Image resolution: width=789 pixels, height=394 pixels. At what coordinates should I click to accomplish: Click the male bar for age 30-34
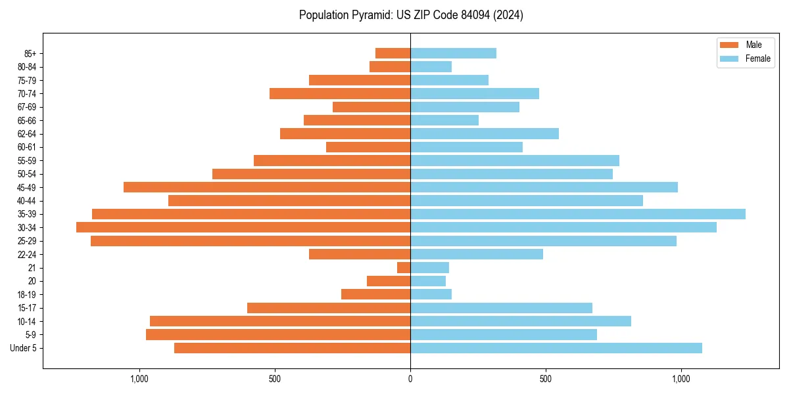[x=243, y=227]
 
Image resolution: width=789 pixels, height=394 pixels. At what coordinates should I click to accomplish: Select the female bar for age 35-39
[x=578, y=214]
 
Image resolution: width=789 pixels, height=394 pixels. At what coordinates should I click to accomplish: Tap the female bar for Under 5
[x=556, y=348]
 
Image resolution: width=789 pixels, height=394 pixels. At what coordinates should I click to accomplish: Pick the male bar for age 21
[x=404, y=268]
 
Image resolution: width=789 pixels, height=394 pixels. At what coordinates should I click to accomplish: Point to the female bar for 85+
[x=453, y=53]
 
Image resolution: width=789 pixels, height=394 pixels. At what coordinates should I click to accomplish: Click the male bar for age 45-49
[x=267, y=187]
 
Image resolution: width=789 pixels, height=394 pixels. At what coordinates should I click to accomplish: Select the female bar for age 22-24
[x=477, y=254]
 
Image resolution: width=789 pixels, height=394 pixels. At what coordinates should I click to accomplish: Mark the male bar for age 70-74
[x=340, y=93]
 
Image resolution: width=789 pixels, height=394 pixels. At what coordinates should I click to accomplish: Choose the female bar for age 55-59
[x=515, y=160]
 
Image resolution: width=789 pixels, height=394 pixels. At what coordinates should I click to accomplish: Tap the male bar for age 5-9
[x=278, y=335]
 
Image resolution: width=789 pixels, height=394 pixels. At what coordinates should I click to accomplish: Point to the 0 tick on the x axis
[x=410, y=379]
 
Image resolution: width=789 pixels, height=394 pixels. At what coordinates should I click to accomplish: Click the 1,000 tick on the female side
[x=681, y=379]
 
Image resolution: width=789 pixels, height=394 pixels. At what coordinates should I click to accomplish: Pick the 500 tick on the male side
[x=275, y=379]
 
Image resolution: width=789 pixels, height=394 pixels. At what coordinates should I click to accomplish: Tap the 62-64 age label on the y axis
[x=27, y=134]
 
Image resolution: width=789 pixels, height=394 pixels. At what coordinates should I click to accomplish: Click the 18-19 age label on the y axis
[x=27, y=295]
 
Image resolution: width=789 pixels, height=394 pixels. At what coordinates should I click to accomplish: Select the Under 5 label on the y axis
[x=24, y=348]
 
